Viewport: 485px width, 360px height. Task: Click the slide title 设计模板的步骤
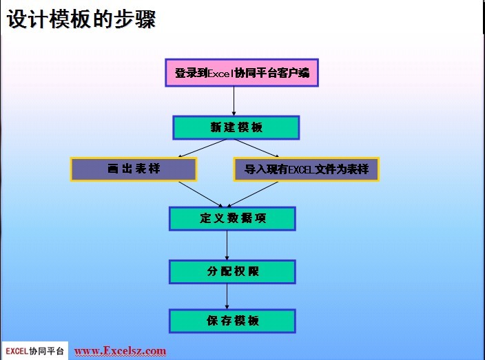click(81, 19)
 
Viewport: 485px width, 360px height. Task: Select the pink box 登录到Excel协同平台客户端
click(242, 73)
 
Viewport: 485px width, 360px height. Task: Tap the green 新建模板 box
click(236, 127)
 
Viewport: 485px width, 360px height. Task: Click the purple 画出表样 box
click(134, 169)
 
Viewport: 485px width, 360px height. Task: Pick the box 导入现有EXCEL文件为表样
click(306, 169)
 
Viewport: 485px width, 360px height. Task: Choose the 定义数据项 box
click(232, 218)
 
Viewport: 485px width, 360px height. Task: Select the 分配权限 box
click(232, 272)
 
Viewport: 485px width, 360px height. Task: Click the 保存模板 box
click(232, 321)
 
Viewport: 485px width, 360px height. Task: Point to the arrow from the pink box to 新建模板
click(234, 101)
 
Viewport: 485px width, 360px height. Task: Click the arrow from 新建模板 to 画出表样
click(203, 148)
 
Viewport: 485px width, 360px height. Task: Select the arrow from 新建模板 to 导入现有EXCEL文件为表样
click(257, 148)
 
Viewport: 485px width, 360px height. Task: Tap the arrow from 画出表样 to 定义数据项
click(200, 194)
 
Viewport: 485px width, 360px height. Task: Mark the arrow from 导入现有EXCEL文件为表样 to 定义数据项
click(252, 194)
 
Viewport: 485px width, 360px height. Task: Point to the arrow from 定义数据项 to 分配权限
click(227, 245)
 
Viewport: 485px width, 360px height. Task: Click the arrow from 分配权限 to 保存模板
click(227, 297)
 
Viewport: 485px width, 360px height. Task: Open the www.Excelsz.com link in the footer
click(120, 351)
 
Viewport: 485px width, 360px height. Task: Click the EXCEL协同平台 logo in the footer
click(35, 351)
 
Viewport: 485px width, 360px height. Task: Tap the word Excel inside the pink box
click(220, 73)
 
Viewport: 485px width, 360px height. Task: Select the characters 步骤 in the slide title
click(135, 19)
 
